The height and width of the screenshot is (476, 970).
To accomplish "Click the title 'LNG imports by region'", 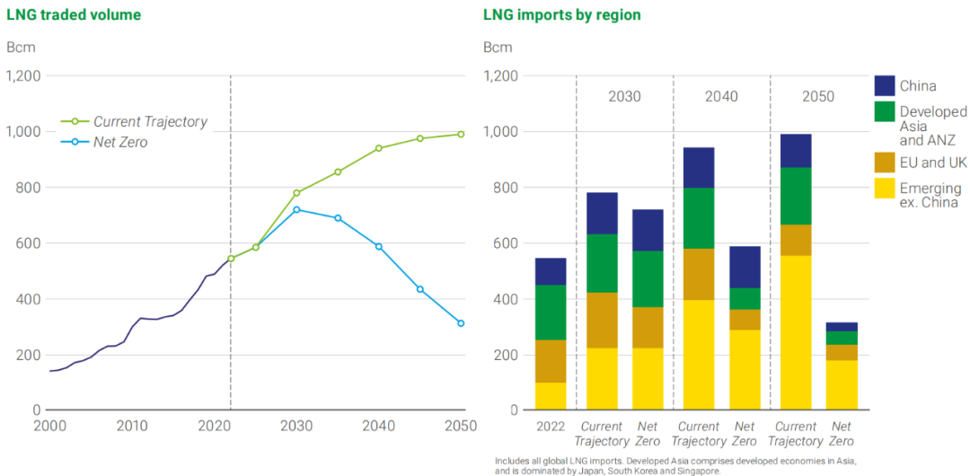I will tap(561, 14).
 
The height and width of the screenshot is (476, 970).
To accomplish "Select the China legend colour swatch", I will tap(885, 85).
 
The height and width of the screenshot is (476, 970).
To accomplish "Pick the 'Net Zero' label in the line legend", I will tap(122, 142).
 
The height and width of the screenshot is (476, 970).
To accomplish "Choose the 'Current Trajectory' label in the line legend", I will tap(150, 121).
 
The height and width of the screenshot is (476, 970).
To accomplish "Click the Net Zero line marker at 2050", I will tap(461, 323).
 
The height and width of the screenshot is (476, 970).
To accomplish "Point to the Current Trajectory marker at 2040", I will tap(378, 148).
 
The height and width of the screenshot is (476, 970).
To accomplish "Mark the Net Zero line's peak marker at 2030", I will tap(296, 209).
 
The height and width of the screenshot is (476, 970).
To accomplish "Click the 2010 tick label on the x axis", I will tap(132, 426).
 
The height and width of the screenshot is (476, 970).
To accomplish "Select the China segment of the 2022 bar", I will tap(551, 271).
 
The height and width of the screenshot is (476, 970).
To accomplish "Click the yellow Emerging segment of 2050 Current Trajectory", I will tap(796, 332).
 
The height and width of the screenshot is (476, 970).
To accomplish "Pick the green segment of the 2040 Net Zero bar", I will tap(745, 298).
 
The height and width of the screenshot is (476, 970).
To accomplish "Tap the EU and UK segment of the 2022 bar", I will tap(551, 361).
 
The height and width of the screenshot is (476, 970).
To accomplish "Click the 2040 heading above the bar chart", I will tap(721, 96).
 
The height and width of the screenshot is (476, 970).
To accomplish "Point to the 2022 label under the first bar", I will tap(551, 427).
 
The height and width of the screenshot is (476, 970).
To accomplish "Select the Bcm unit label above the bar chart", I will tap(498, 47).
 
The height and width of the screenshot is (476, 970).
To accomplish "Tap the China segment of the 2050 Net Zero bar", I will tap(842, 327).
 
